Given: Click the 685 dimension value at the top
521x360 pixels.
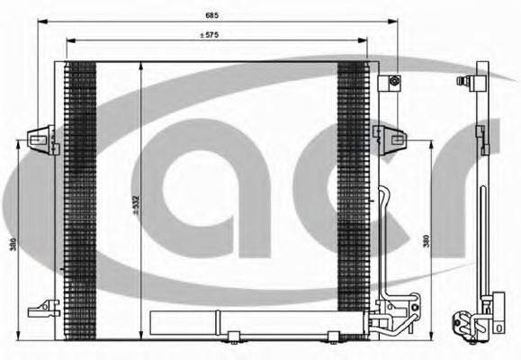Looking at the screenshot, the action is [212, 15].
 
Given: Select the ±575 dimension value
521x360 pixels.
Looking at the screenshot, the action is [210, 35].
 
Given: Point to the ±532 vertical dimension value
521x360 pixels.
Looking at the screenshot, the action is [136, 205].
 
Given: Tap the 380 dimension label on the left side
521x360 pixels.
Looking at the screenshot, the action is [13, 244].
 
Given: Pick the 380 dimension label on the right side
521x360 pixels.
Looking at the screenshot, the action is [426, 241].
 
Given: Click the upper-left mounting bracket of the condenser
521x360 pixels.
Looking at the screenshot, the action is [44, 139].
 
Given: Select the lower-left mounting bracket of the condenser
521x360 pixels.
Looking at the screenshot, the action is [44, 309].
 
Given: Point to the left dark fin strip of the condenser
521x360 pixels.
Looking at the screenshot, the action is [80, 201].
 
